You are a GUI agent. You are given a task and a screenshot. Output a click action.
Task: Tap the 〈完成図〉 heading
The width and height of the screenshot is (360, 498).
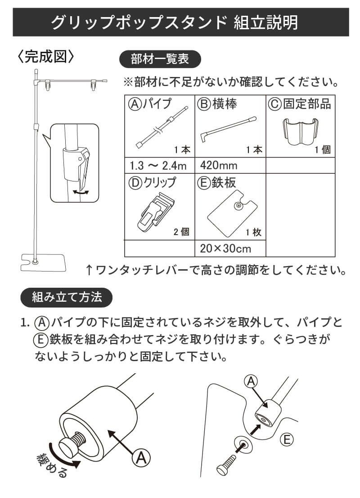point(45,57)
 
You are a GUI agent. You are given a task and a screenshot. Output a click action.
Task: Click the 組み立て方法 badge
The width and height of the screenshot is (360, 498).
point(67,298)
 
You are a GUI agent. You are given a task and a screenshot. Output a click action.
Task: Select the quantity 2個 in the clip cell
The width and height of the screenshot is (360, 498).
point(181,232)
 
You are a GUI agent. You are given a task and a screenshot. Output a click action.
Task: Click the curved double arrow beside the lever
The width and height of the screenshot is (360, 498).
point(81,191)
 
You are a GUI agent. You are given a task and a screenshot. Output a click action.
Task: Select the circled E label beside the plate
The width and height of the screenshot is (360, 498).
point(287,439)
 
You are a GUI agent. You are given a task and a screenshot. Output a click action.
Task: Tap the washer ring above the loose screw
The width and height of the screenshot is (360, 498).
point(243,444)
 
